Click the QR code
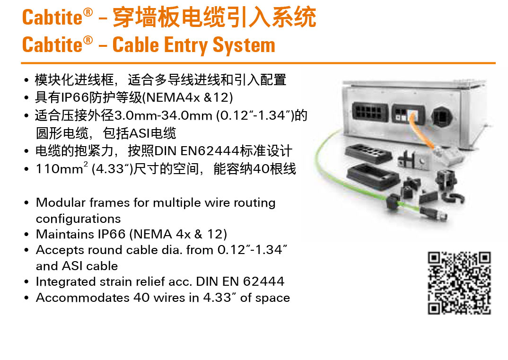coord(459,283)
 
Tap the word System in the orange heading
coord(244,45)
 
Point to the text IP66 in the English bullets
coord(112,234)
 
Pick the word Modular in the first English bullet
coord(61,202)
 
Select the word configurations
coord(78,219)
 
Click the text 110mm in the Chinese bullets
coord(59,169)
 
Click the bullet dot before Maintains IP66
coord(26,234)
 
